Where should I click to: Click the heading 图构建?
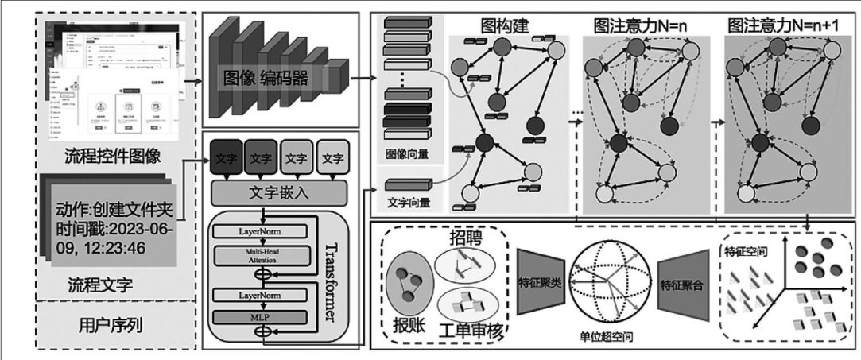click(506, 26)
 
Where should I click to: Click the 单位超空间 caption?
click(609, 336)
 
